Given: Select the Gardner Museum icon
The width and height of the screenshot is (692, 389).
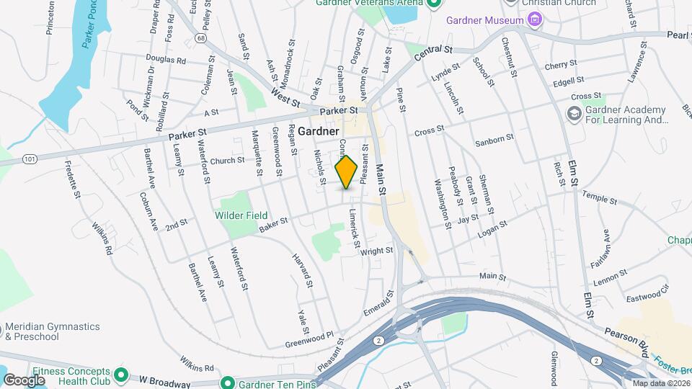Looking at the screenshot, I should click(x=535, y=19).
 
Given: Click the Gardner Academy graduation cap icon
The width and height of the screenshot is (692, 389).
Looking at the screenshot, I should click(x=574, y=115).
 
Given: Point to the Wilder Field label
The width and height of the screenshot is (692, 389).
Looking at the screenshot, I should click(x=241, y=215).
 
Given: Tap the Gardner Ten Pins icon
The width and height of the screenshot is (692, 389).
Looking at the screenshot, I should click(x=228, y=383).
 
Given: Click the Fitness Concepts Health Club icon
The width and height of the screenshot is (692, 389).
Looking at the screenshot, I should click(x=121, y=375).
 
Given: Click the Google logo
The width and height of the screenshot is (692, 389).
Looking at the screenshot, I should click(x=24, y=379).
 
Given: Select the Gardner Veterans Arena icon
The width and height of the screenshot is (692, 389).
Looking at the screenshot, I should click(x=433, y=3).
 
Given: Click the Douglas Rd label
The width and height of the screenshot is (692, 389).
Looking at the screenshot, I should click(x=166, y=61).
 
